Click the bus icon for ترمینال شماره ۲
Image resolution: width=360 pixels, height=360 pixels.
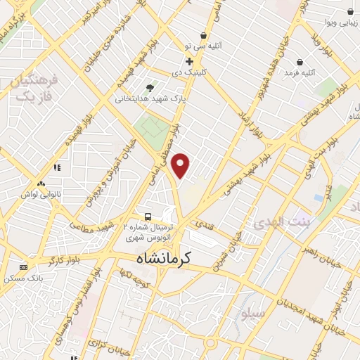(x=148, y=216)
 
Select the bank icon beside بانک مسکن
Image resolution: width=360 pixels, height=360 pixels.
(x=24, y=267)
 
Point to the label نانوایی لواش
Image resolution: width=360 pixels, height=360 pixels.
(x=36, y=193)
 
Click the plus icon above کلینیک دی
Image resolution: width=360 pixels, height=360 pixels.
(x=189, y=61)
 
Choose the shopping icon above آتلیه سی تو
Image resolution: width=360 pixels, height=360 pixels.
(x=203, y=35)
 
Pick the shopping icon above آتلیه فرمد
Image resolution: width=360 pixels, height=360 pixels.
(x=300, y=61)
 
